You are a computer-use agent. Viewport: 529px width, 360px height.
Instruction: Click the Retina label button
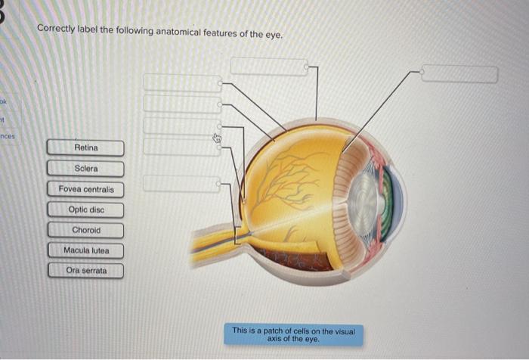pyautogui.click(x=85, y=147)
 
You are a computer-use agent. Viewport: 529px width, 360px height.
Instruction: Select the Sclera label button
pyautogui.click(x=85, y=168)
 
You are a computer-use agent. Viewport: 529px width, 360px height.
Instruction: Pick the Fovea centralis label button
pyautogui.click(x=85, y=188)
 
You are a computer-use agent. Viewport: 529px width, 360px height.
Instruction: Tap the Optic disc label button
pyautogui.click(x=85, y=209)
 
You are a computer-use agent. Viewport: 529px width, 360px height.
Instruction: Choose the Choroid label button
pyautogui.click(x=85, y=230)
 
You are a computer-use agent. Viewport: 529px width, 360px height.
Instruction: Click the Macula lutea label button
pyautogui.click(x=85, y=250)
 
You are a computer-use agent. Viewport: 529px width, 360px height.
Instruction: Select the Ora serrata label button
pyautogui.click(x=85, y=270)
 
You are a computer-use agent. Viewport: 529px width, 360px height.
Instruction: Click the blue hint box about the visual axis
pyautogui.click(x=292, y=334)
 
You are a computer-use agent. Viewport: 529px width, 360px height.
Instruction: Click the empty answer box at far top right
pyautogui.click(x=459, y=74)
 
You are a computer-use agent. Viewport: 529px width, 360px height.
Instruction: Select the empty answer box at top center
pyautogui.click(x=268, y=67)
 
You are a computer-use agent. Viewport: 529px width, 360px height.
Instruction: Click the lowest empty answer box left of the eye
pyautogui.click(x=181, y=183)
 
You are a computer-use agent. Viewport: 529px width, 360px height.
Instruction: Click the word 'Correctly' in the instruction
pyautogui.click(x=56, y=30)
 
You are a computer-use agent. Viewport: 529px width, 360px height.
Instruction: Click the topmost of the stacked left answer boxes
pyautogui.click(x=182, y=82)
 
